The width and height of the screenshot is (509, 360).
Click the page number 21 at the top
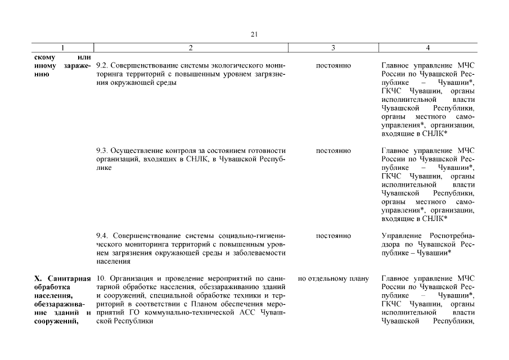(x=254, y=34)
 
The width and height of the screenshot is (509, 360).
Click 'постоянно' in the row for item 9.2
(x=334, y=66)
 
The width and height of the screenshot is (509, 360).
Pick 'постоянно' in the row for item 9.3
(x=334, y=151)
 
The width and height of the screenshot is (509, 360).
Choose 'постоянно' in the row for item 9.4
(x=334, y=236)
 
